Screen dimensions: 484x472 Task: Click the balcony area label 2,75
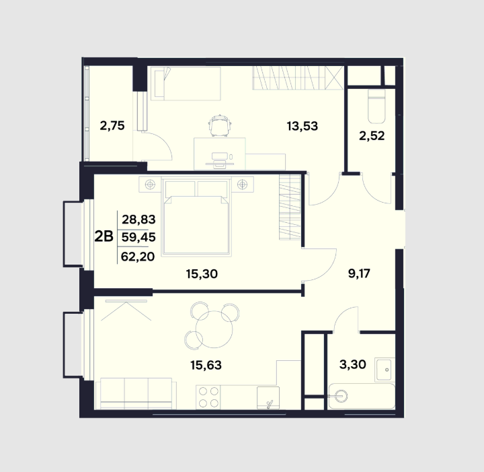pos(112,126)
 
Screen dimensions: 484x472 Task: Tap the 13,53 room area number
pos(302,126)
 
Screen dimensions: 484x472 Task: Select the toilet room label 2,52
pos(372,136)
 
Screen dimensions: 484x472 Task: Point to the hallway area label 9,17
pos(359,273)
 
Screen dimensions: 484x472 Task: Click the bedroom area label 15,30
pos(202,274)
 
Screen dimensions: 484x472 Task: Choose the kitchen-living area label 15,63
pos(206,366)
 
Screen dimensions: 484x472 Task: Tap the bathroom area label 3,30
pos(353,364)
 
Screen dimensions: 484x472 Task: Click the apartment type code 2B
pos(104,237)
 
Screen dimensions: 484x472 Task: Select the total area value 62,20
pos(138,257)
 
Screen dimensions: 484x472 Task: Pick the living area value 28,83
pos(138,220)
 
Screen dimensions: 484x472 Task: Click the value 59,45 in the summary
pos(138,238)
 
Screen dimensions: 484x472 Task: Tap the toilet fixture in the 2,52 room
pos(376,106)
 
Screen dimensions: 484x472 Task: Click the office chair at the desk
pos(220,125)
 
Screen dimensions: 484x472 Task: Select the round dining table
pos(214,329)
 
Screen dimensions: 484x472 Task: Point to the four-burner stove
pos(208,397)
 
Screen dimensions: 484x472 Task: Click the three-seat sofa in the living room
pos(136,393)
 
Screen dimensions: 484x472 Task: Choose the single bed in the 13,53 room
pos(186,83)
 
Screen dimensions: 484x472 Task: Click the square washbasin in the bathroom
pos(385,370)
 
